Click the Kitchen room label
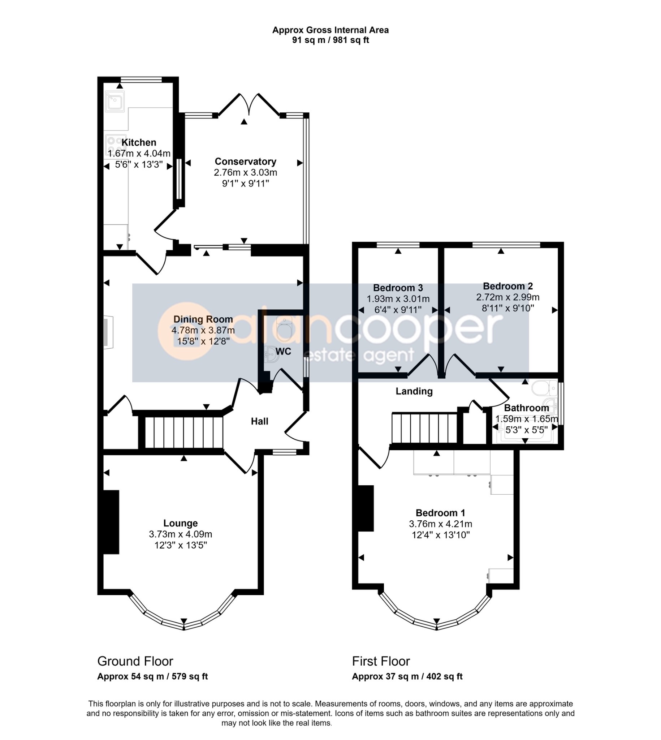click(x=139, y=142)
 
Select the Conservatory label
click(x=246, y=161)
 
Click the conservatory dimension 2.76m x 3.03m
click(x=246, y=172)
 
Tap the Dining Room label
click(x=203, y=319)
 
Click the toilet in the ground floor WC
click(x=284, y=329)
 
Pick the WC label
click(x=283, y=351)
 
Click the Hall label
click(x=260, y=421)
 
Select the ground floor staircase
click(x=184, y=432)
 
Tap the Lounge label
click(x=181, y=523)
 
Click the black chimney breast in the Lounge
click(x=111, y=522)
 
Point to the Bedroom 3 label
click(x=398, y=288)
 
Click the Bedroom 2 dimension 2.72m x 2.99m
click(x=508, y=297)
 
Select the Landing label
click(x=414, y=391)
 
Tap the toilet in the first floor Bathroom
click(x=544, y=388)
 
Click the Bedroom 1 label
click(x=441, y=513)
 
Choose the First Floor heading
click(x=381, y=661)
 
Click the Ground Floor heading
click(x=135, y=661)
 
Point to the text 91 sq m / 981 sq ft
click(x=330, y=40)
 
